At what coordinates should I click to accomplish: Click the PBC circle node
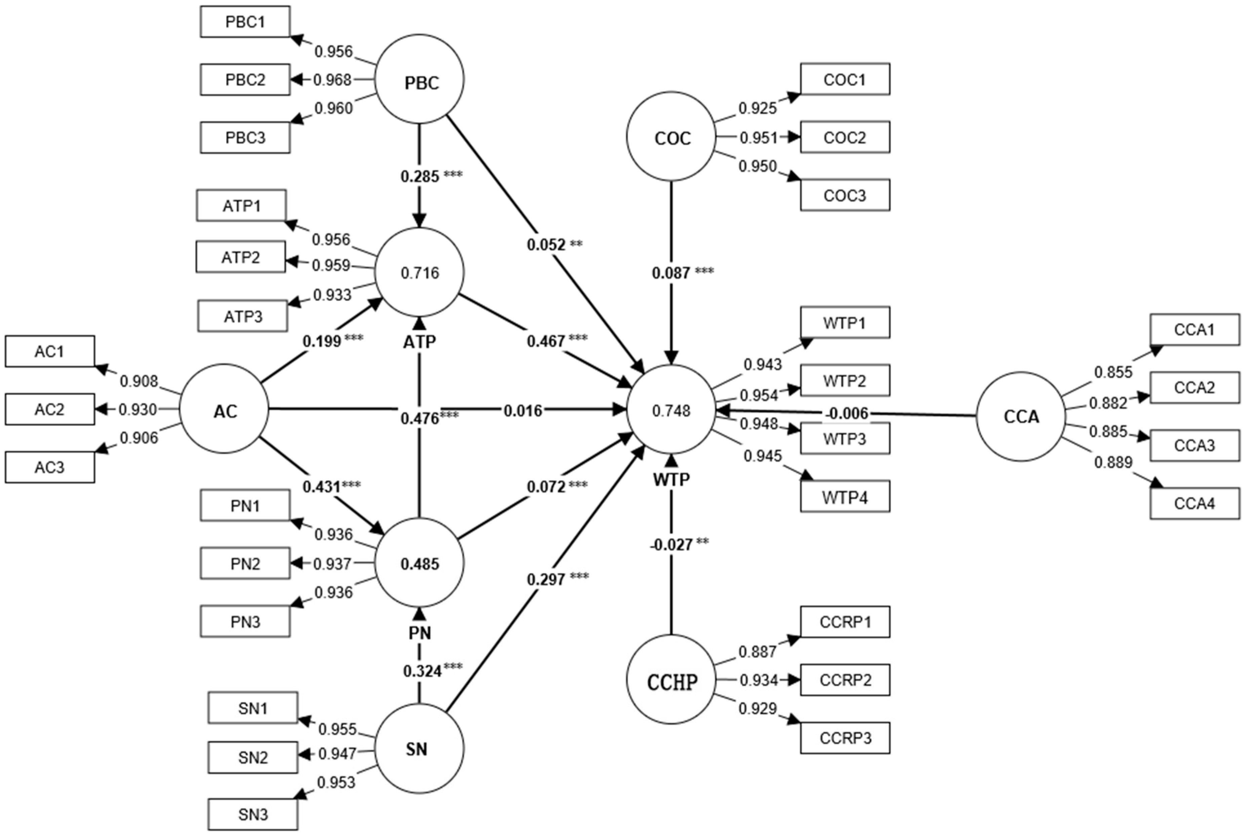pyautogui.click(x=419, y=79)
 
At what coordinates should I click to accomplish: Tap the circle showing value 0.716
pyautogui.click(x=419, y=273)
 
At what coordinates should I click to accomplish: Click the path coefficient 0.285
pyautogui.click(x=420, y=176)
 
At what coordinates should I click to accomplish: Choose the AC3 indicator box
pyautogui.click(x=50, y=467)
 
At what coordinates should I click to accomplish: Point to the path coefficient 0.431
pyautogui.click(x=322, y=486)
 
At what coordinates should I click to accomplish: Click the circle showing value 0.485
pyautogui.click(x=419, y=563)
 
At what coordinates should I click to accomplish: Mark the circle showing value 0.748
pyautogui.click(x=671, y=410)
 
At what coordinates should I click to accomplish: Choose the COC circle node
pyautogui.click(x=671, y=137)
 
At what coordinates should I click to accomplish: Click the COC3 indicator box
pyautogui.click(x=845, y=195)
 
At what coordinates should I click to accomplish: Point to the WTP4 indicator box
pyautogui.click(x=845, y=497)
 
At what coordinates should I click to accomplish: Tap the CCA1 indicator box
pyautogui.click(x=1194, y=330)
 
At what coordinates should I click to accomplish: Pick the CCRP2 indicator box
pyautogui.click(x=845, y=680)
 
